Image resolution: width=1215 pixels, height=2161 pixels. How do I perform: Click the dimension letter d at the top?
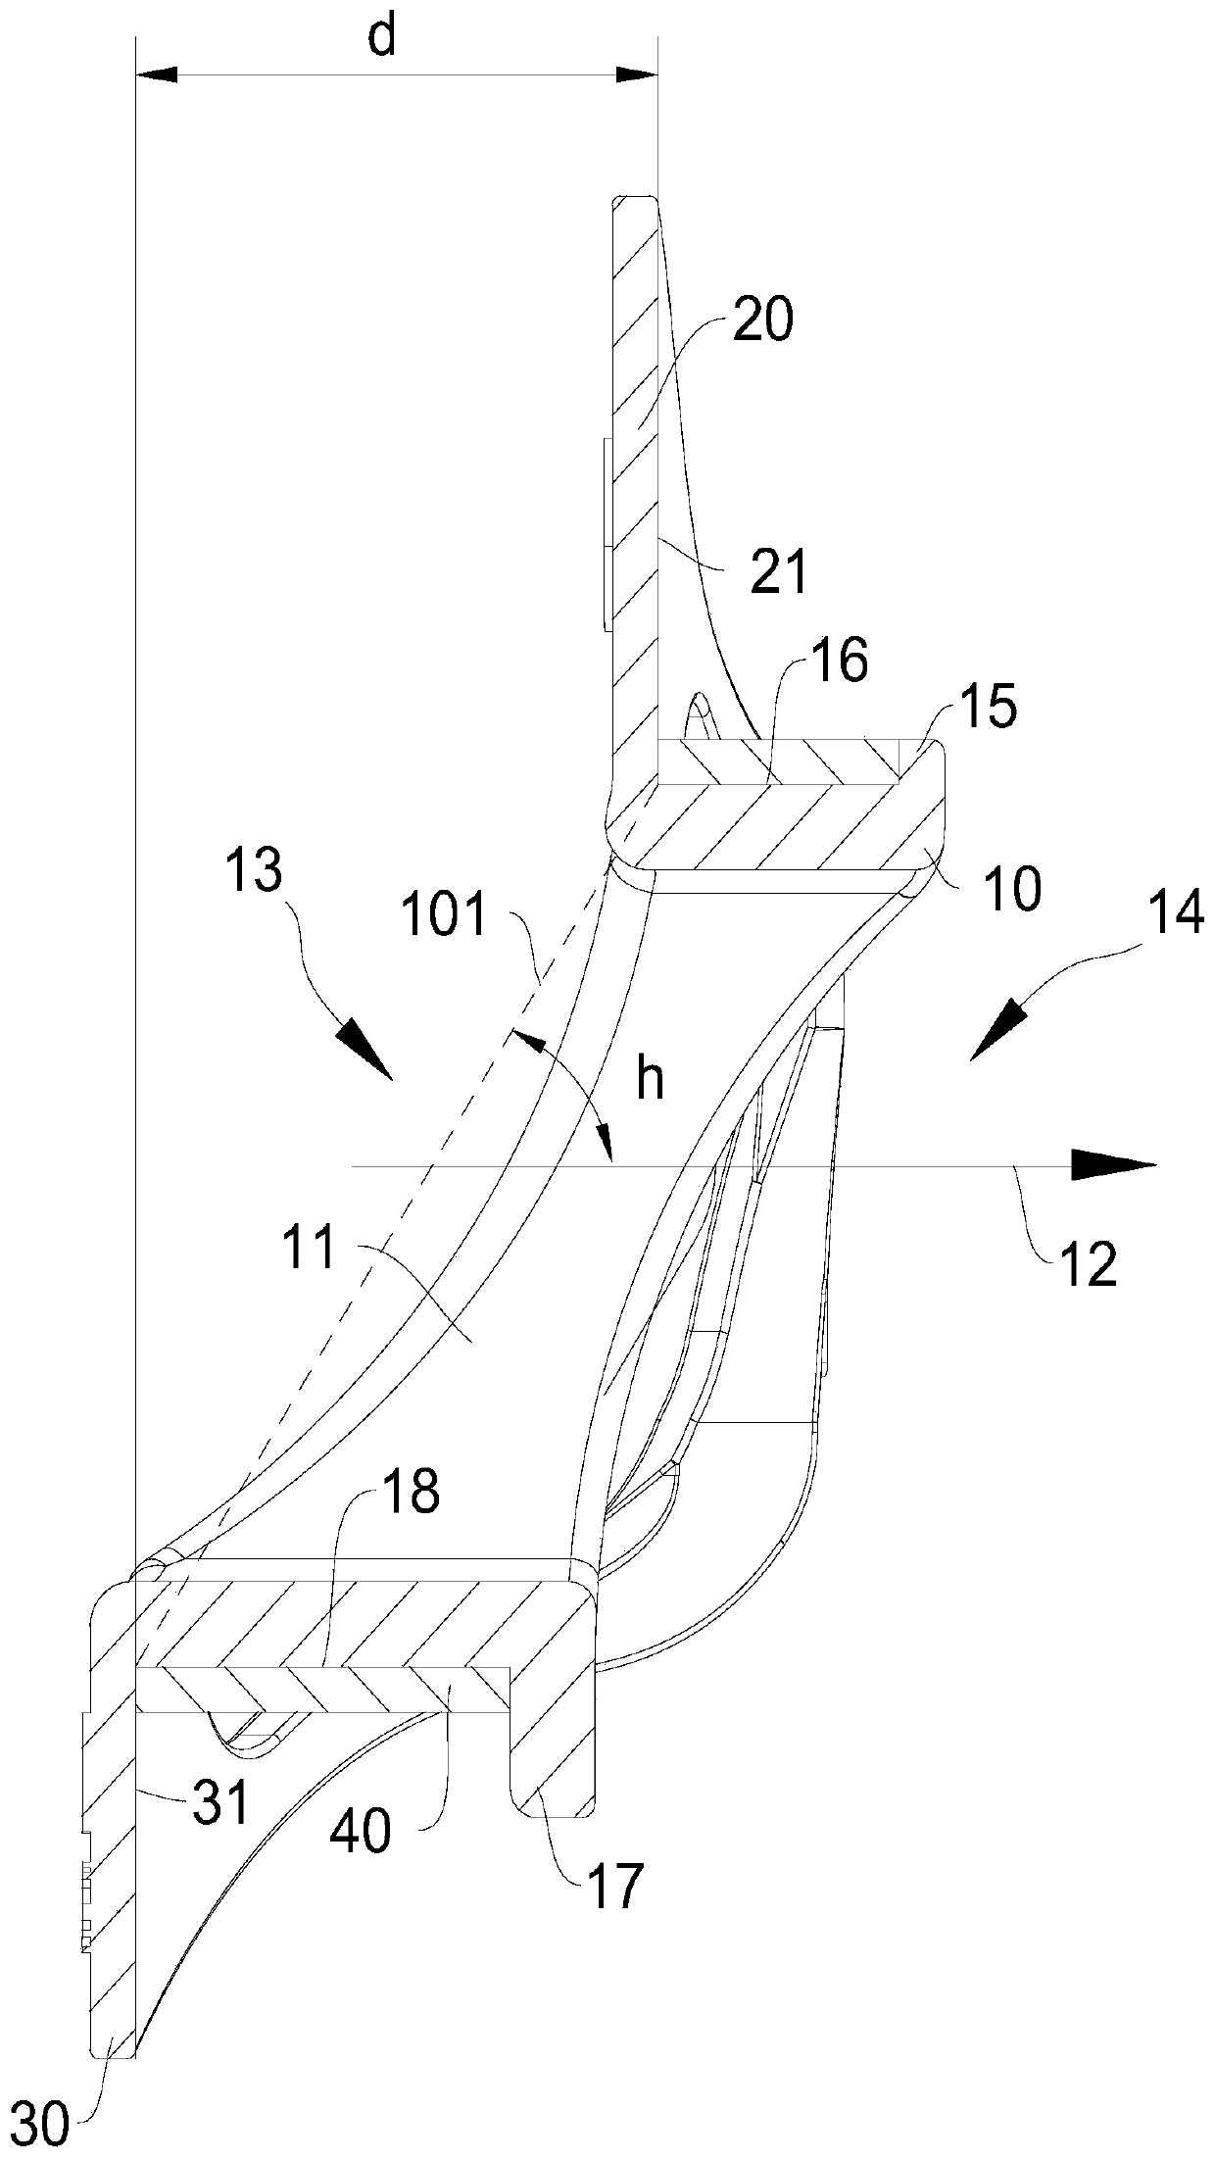click(383, 39)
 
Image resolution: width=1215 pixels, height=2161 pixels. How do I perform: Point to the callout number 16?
click(841, 664)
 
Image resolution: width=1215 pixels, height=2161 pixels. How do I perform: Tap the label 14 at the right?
click(1176, 916)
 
